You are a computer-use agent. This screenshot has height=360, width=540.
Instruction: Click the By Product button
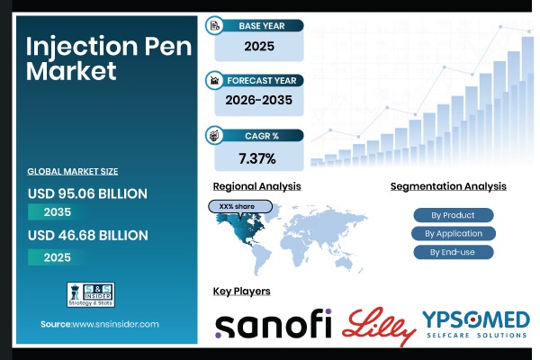tap(454, 215)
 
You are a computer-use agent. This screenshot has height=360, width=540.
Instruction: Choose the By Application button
tap(454, 233)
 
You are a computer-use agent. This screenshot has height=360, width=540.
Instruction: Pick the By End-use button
tap(454, 252)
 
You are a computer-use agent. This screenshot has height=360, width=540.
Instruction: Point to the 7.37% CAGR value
tap(258, 158)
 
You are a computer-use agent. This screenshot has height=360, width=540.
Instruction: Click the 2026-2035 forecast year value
tap(258, 101)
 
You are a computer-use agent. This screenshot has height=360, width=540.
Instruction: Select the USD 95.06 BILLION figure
tap(87, 193)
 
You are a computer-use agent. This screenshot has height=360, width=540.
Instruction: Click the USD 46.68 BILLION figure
tap(87, 235)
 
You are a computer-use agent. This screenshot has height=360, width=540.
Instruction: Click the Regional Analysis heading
tap(256, 186)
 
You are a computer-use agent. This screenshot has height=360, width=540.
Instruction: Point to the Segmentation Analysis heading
tap(448, 186)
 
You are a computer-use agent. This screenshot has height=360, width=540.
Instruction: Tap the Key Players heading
tap(241, 291)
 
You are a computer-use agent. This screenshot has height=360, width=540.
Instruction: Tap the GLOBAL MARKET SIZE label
tap(73, 170)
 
